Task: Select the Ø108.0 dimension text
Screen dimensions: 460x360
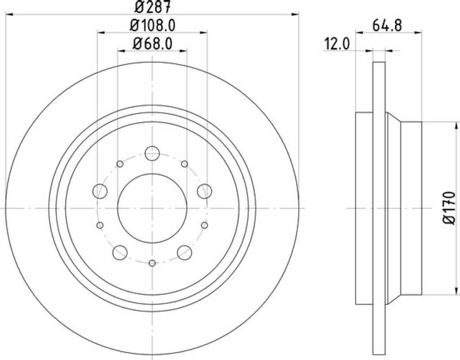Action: click(x=152, y=26)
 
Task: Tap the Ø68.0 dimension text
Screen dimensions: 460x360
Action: click(x=152, y=44)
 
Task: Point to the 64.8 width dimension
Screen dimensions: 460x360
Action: click(x=387, y=26)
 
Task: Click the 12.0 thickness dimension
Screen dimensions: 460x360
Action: click(x=337, y=44)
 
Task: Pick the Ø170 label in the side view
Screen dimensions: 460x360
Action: click(x=449, y=208)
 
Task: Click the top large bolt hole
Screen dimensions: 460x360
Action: click(x=152, y=153)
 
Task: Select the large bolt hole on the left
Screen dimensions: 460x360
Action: click(x=100, y=191)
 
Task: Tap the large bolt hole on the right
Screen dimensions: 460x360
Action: click(x=204, y=191)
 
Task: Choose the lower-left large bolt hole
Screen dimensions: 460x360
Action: click(x=120, y=252)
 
